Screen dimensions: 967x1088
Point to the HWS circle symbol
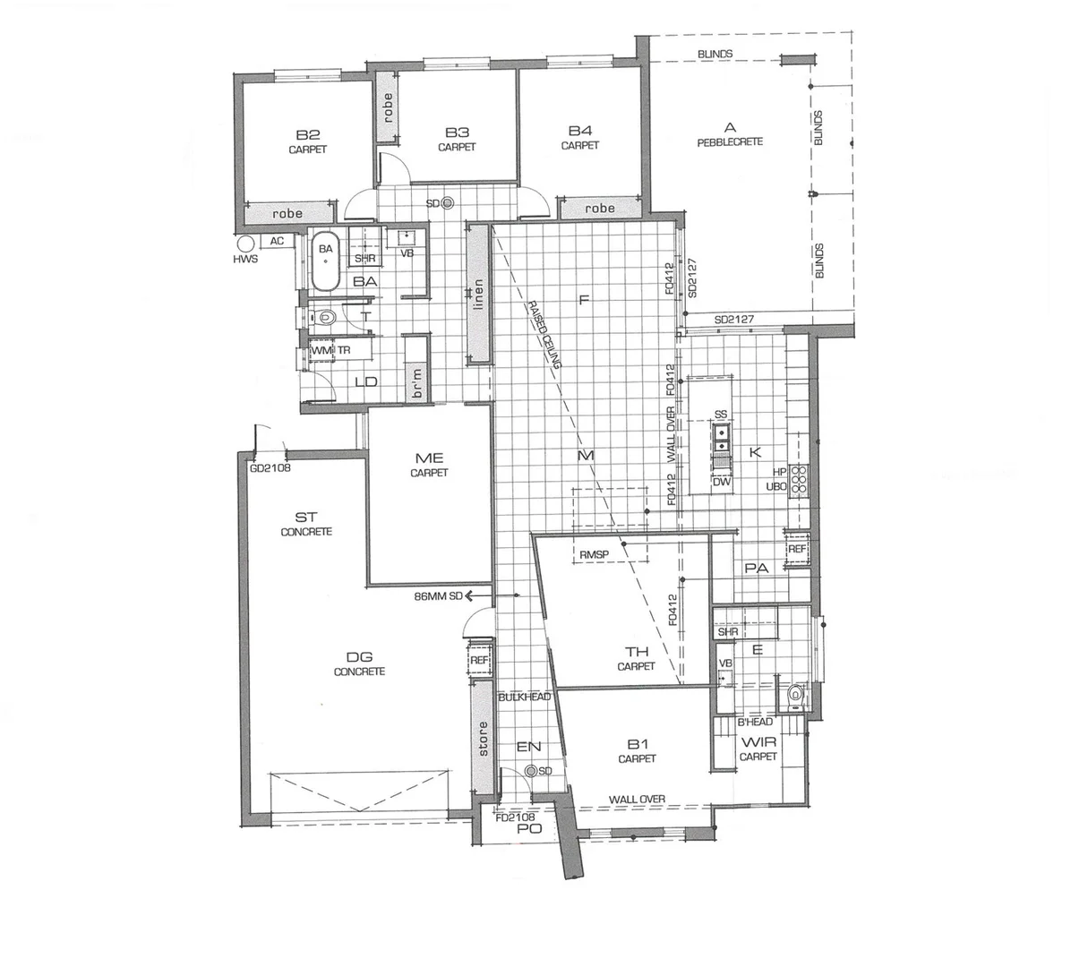pyautogui.click(x=244, y=243)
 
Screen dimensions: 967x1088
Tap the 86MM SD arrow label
pyautogui.click(x=439, y=595)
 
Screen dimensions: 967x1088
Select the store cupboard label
pyautogui.click(x=484, y=739)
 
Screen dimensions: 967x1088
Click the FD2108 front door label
pyautogui.click(x=515, y=817)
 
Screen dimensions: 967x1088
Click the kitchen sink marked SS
pyautogui.click(x=721, y=436)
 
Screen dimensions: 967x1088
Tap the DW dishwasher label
pyautogui.click(x=722, y=482)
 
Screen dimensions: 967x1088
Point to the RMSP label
pyautogui.click(x=594, y=555)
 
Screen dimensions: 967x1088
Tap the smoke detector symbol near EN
pyautogui.click(x=531, y=771)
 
